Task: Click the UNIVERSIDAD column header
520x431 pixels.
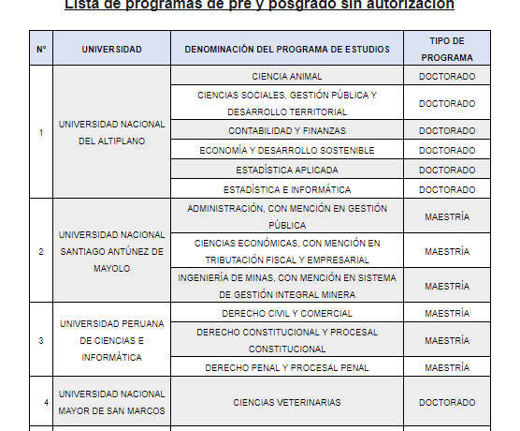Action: [111, 48]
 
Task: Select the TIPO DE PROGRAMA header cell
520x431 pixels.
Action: [446, 48]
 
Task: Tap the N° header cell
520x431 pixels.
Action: [41, 48]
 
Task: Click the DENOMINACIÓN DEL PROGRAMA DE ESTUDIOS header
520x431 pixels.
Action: [286, 48]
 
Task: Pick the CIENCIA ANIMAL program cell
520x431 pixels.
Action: [286, 76]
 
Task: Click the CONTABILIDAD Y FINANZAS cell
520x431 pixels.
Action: [286, 131]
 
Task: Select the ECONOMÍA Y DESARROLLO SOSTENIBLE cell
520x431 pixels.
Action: [286, 150]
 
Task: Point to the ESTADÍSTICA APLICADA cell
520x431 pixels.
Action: [286, 170]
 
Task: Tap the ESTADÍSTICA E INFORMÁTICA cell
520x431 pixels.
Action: [286, 189]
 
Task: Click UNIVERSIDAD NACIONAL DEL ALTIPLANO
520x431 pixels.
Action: [111, 132]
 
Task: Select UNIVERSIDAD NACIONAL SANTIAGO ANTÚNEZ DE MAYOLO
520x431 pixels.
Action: [111, 251]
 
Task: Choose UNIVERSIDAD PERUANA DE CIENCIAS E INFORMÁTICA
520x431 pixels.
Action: [111, 340]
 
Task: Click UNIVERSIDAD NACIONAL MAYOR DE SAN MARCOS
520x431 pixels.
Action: [111, 402]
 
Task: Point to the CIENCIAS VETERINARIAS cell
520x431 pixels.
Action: [286, 402]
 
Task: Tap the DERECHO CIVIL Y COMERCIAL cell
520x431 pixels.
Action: [286, 313]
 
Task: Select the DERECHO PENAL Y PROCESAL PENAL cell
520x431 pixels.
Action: [286, 367]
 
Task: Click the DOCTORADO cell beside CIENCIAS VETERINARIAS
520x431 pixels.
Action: [446, 402]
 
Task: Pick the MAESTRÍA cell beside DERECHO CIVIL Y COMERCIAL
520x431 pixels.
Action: [446, 313]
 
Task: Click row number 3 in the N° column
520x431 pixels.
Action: [41, 340]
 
